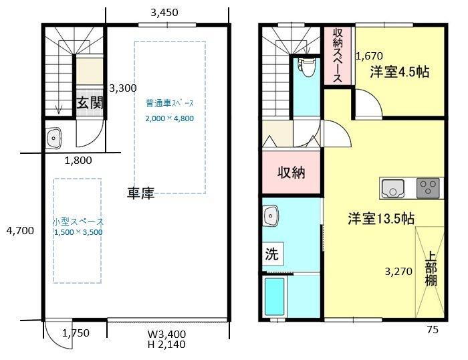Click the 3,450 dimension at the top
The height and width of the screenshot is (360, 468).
pyautogui.click(x=164, y=13)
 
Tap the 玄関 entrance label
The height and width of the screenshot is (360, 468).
pyautogui.click(x=90, y=103)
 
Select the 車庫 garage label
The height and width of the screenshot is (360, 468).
pyautogui.click(x=141, y=193)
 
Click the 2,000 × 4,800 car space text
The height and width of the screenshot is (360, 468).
pyautogui.click(x=170, y=118)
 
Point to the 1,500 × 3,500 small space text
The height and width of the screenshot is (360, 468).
pyautogui.click(x=78, y=232)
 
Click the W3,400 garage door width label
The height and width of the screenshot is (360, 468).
pyautogui.click(x=167, y=334)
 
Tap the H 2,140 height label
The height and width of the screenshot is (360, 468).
pyautogui.click(x=166, y=345)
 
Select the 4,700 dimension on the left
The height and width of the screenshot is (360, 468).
pyautogui.click(x=20, y=231)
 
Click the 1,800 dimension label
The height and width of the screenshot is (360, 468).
pyautogui.click(x=78, y=161)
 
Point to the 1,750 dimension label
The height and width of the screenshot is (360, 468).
pyautogui.click(x=76, y=333)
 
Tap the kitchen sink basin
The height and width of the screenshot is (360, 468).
pyautogui.click(x=393, y=189)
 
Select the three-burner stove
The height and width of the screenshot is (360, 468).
pyautogui.click(x=428, y=188)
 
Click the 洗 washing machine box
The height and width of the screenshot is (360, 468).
pyautogui.click(x=272, y=254)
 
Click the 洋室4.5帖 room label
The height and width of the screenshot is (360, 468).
pyautogui.click(x=400, y=72)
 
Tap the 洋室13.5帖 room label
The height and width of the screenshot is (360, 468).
pyautogui.click(x=381, y=219)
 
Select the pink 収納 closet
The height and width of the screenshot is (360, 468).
pyautogui.click(x=291, y=173)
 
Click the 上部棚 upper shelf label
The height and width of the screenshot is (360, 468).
pyautogui.click(x=431, y=268)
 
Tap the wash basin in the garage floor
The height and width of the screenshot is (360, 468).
pyautogui.click(x=53, y=138)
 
